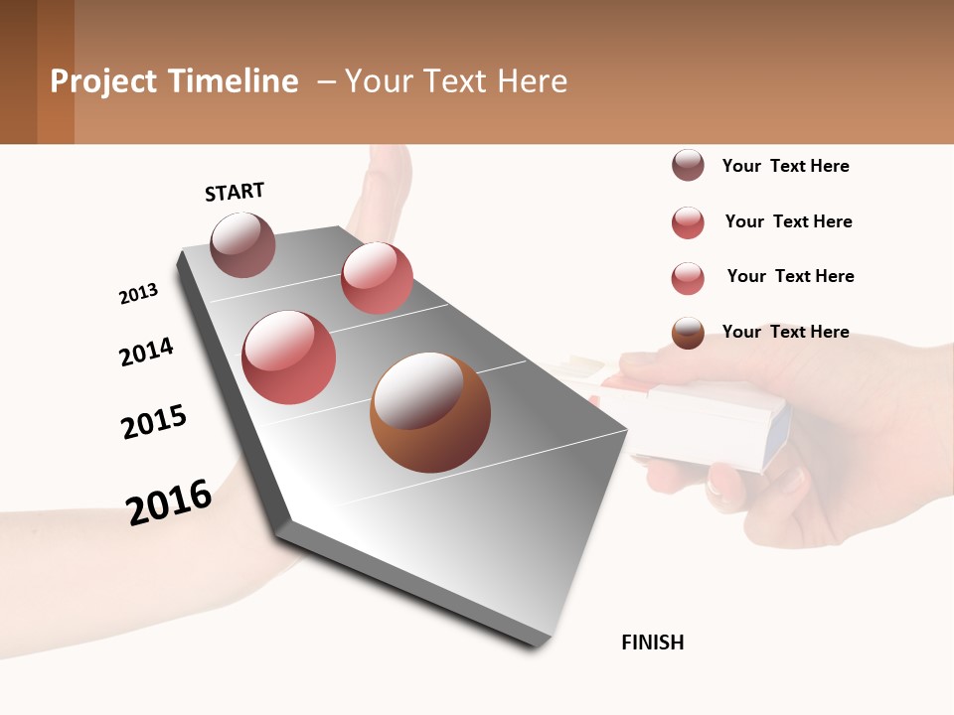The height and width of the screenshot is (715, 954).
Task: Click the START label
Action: [x=235, y=192]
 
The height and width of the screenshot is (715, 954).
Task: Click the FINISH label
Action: [x=652, y=643]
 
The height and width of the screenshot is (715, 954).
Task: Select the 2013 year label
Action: [x=138, y=294]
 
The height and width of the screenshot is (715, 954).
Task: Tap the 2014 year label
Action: [x=146, y=352]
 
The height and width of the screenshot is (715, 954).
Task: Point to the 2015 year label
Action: [x=154, y=422]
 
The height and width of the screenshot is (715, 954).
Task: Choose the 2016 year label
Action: [x=169, y=501]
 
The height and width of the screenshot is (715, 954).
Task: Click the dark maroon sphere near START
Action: [x=243, y=244]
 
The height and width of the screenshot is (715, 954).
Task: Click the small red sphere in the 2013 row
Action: [x=377, y=278]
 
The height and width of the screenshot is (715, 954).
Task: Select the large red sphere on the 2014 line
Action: [x=289, y=357]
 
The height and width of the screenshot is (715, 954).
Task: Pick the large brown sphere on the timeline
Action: [x=430, y=412]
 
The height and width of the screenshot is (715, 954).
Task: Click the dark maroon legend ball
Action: [x=688, y=166]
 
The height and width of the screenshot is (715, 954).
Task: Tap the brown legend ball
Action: [x=688, y=333]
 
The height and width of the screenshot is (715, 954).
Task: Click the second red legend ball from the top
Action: [x=688, y=278]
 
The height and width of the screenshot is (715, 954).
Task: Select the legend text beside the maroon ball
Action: [x=785, y=166]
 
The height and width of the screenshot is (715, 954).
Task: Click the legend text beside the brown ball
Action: [x=785, y=332]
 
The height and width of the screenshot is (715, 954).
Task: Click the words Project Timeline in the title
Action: [x=174, y=81]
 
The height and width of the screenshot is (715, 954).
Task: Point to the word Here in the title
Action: [x=532, y=81]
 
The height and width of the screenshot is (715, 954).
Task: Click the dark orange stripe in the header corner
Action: [x=55, y=71]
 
